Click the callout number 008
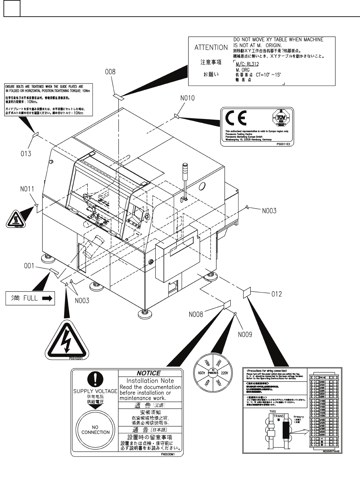point(110,72)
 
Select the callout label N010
point(187,98)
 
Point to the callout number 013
point(25,153)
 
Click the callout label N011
point(27,189)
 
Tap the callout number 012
point(276,294)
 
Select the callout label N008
point(196,314)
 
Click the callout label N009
point(245,335)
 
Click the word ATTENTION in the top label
point(211,48)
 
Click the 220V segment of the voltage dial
point(224,373)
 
